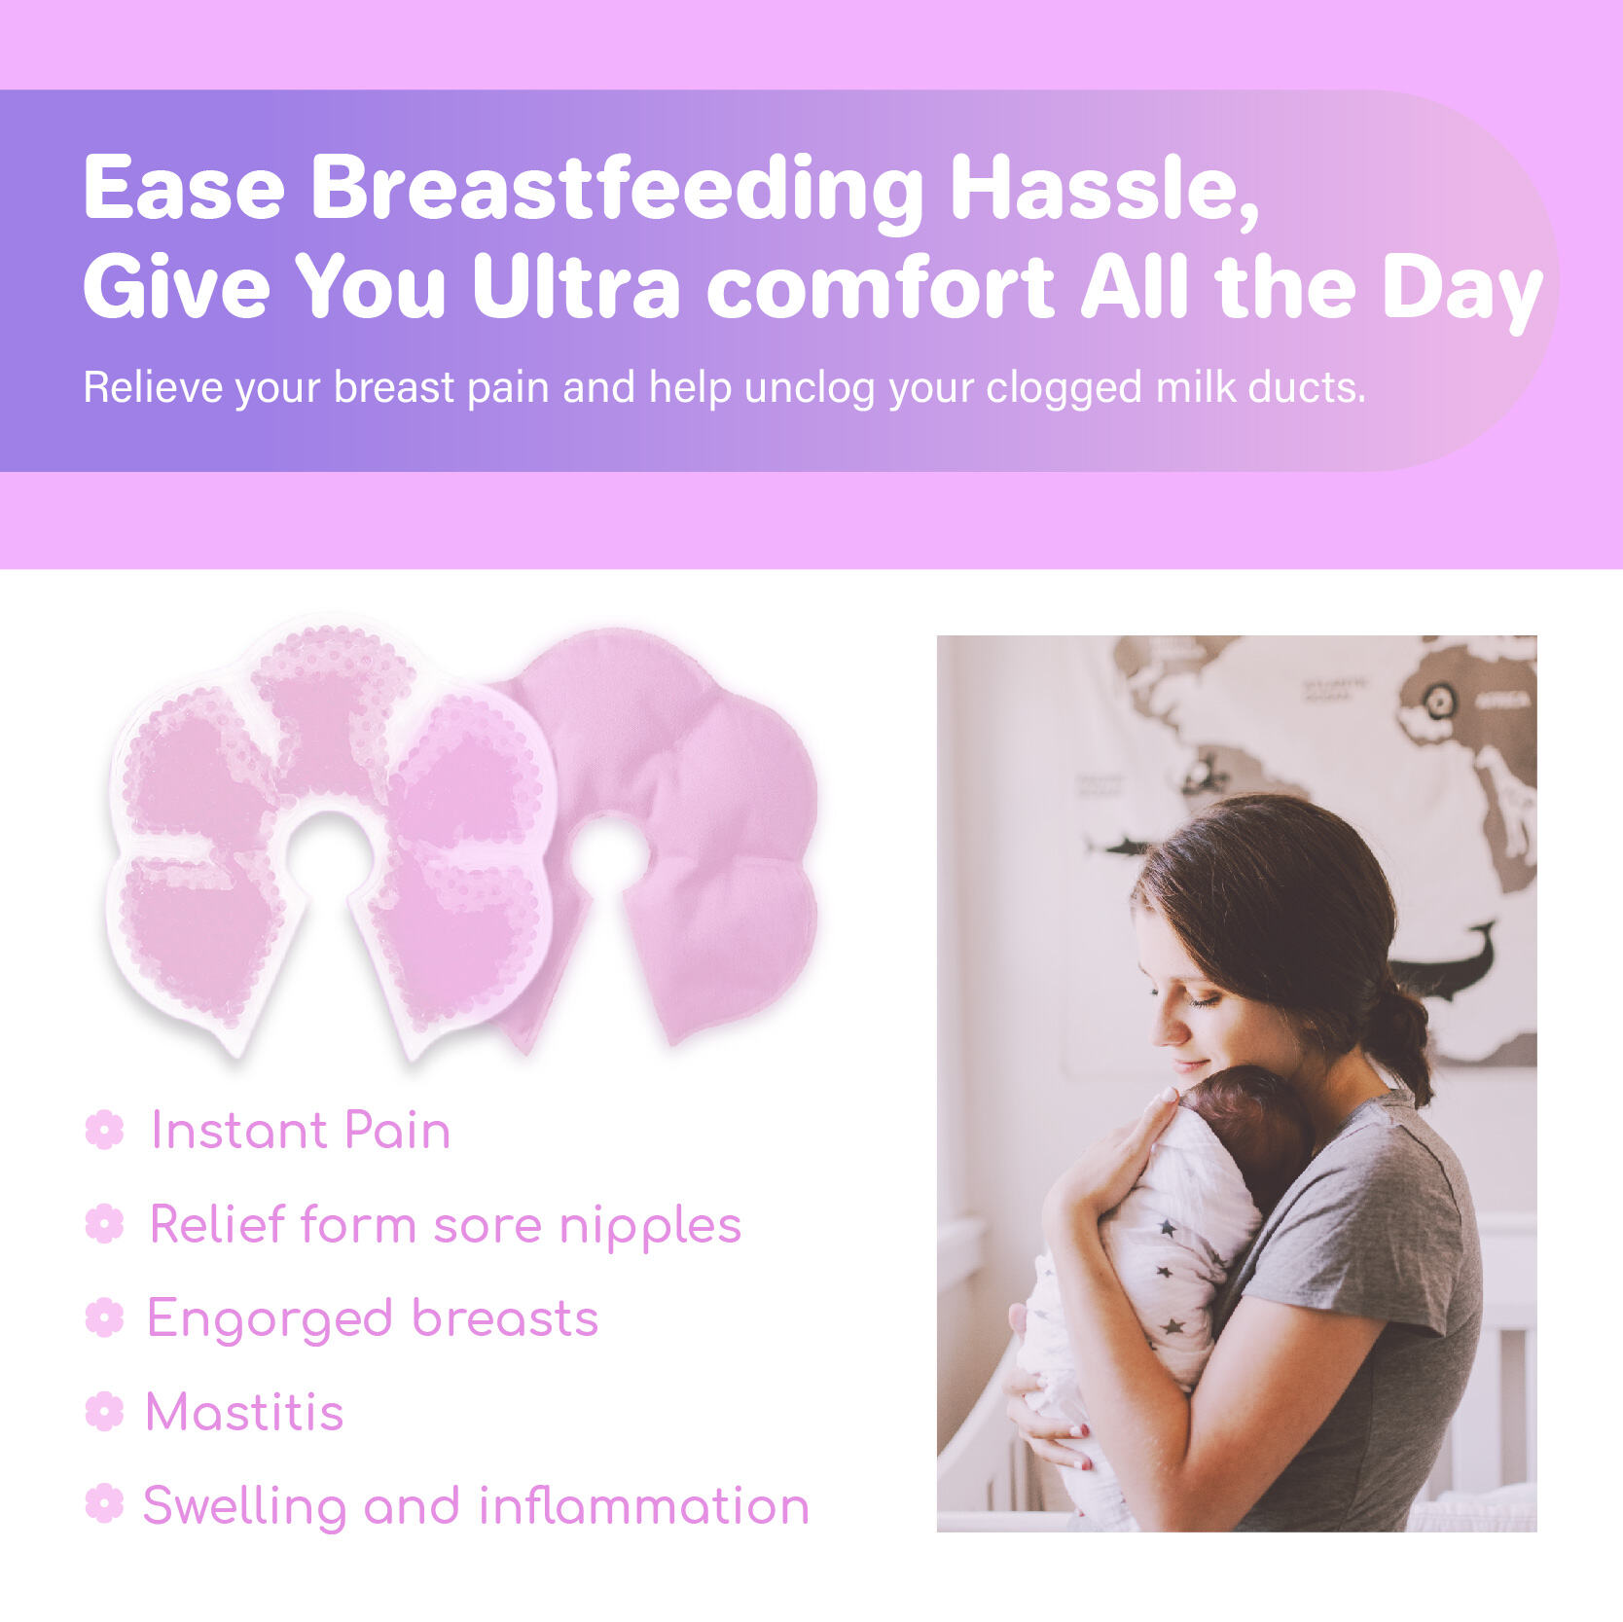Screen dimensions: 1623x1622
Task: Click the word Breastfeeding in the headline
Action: tap(617, 189)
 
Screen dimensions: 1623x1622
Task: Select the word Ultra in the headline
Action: tap(576, 286)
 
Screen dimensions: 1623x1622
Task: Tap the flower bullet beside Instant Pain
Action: tap(105, 1131)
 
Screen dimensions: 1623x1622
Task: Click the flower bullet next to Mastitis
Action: tap(105, 1411)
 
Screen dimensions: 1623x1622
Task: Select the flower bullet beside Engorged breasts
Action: tap(105, 1317)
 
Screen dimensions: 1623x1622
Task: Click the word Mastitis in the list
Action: tap(245, 1412)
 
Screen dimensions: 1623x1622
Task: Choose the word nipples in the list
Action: tap(650, 1227)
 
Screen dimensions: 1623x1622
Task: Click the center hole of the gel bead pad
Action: tap(331, 855)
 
